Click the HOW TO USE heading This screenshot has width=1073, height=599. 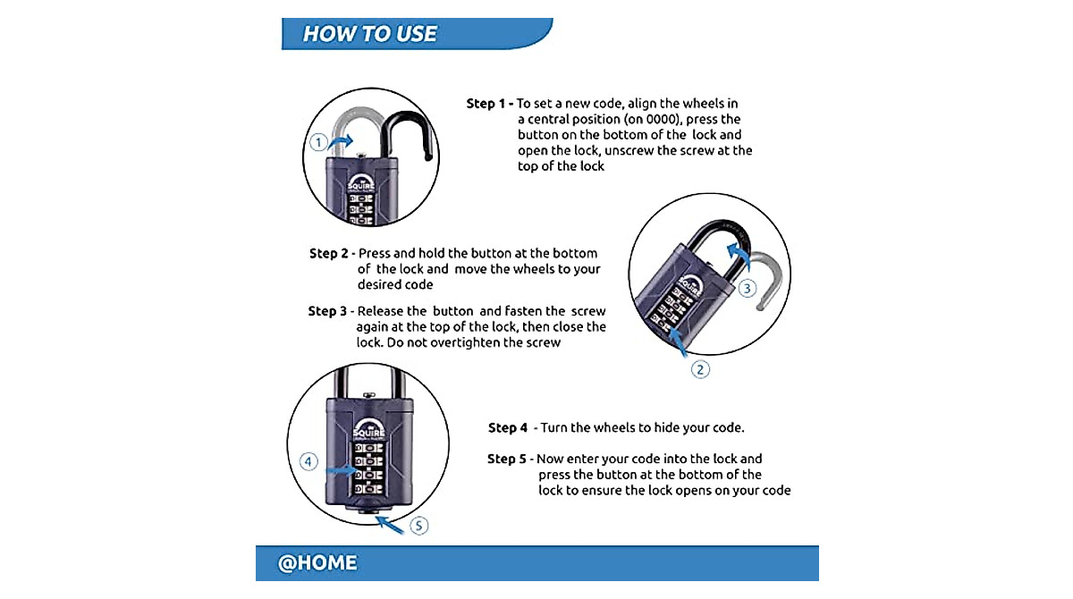coord(369,34)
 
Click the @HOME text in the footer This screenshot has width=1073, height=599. coord(317,563)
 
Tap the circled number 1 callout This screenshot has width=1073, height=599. coord(318,142)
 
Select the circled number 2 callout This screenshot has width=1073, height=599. coord(701,368)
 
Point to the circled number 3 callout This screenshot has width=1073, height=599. coord(748,288)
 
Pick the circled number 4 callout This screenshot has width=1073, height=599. coord(308,461)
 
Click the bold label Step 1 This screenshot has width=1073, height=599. coord(489,104)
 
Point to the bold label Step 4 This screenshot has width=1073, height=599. coord(510,428)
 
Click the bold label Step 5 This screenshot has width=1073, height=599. coord(509,459)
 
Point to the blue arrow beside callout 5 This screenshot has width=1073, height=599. coord(391,523)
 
